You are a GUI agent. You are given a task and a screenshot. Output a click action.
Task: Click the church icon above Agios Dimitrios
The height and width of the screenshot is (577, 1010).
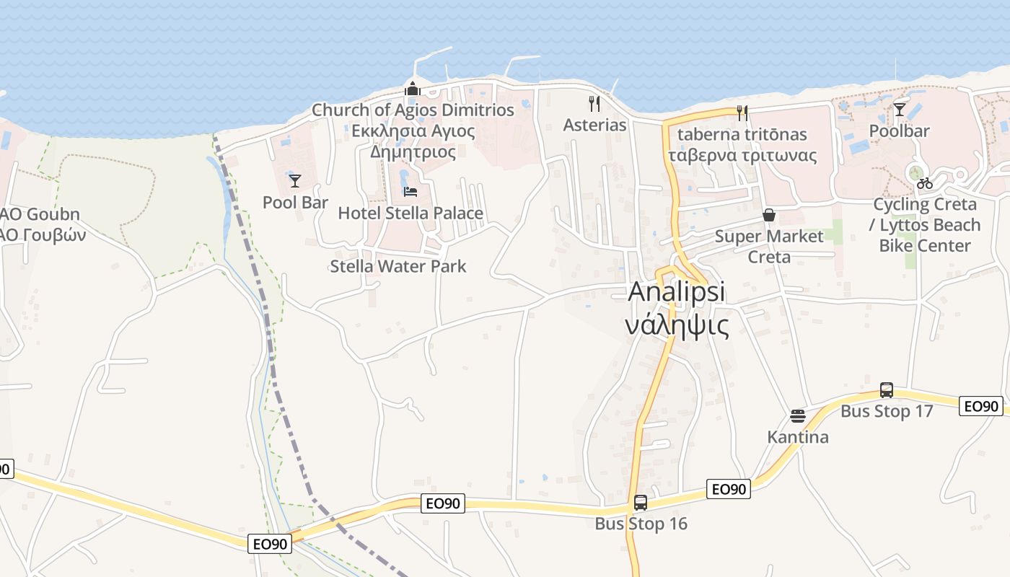(x=413, y=89)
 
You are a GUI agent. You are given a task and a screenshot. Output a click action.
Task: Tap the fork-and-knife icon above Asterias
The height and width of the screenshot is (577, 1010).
(x=594, y=104)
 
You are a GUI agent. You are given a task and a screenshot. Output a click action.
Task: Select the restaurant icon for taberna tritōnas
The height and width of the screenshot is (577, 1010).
(x=742, y=113)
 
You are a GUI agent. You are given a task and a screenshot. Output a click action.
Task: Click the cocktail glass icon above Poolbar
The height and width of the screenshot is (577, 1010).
(x=899, y=110)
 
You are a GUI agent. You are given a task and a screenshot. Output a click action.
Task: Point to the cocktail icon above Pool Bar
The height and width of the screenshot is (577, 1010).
(x=294, y=180)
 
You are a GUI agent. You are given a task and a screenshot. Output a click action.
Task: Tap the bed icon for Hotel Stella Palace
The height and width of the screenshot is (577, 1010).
(x=410, y=192)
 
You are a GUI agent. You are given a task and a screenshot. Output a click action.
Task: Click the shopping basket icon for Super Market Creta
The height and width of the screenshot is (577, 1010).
(x=769, y=215)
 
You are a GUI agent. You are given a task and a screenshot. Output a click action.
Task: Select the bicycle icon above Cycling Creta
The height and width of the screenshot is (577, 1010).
(x=925, y=183)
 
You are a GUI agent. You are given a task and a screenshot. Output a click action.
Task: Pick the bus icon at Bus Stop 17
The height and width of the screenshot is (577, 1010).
(x=887, y=390)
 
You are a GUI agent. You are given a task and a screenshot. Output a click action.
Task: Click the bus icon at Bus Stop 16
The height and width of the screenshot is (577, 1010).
(x=641, y=503)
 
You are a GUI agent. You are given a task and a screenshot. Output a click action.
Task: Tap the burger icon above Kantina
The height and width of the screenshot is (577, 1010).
(x=797, y=416)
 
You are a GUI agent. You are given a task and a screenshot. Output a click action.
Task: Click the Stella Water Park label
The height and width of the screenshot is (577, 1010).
(x=398, y=266)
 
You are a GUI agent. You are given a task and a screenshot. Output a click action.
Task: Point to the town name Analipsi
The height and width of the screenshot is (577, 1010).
(x=677, y=292)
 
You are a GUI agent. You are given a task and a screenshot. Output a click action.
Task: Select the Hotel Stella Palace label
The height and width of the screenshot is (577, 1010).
(x=410, y=213)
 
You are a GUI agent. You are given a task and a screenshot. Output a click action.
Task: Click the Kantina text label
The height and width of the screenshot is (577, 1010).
(x=798, y=437)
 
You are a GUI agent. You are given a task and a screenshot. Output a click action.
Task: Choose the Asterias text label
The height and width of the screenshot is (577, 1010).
(x=594, y=125)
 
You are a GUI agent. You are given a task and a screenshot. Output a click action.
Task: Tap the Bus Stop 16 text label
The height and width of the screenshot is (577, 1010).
(x=641, y=524)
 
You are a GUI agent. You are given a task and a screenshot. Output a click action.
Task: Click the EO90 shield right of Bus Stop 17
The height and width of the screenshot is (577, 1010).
(x=981, y=406)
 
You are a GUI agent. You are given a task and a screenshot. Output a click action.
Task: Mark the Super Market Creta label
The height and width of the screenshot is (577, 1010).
(x=769, y=247)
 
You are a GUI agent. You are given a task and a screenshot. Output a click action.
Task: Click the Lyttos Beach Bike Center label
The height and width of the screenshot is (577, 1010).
(x=925, y=235)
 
